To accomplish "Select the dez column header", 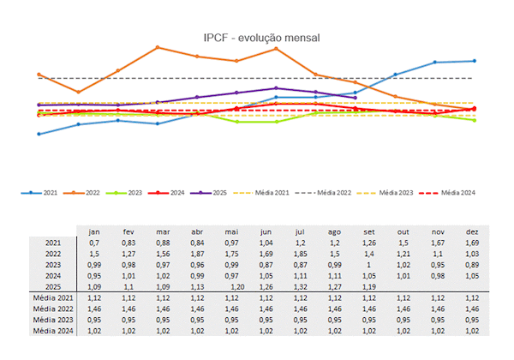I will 472,231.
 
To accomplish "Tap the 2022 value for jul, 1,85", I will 300,254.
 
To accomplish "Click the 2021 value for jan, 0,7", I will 95,243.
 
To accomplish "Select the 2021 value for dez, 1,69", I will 472,243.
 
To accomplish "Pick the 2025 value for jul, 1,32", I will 300,285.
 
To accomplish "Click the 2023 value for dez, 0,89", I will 472,265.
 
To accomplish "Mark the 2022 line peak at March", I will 158,47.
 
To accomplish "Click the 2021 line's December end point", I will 474,61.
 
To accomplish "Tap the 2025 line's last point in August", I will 355,97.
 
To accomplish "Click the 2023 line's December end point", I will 474,120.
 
